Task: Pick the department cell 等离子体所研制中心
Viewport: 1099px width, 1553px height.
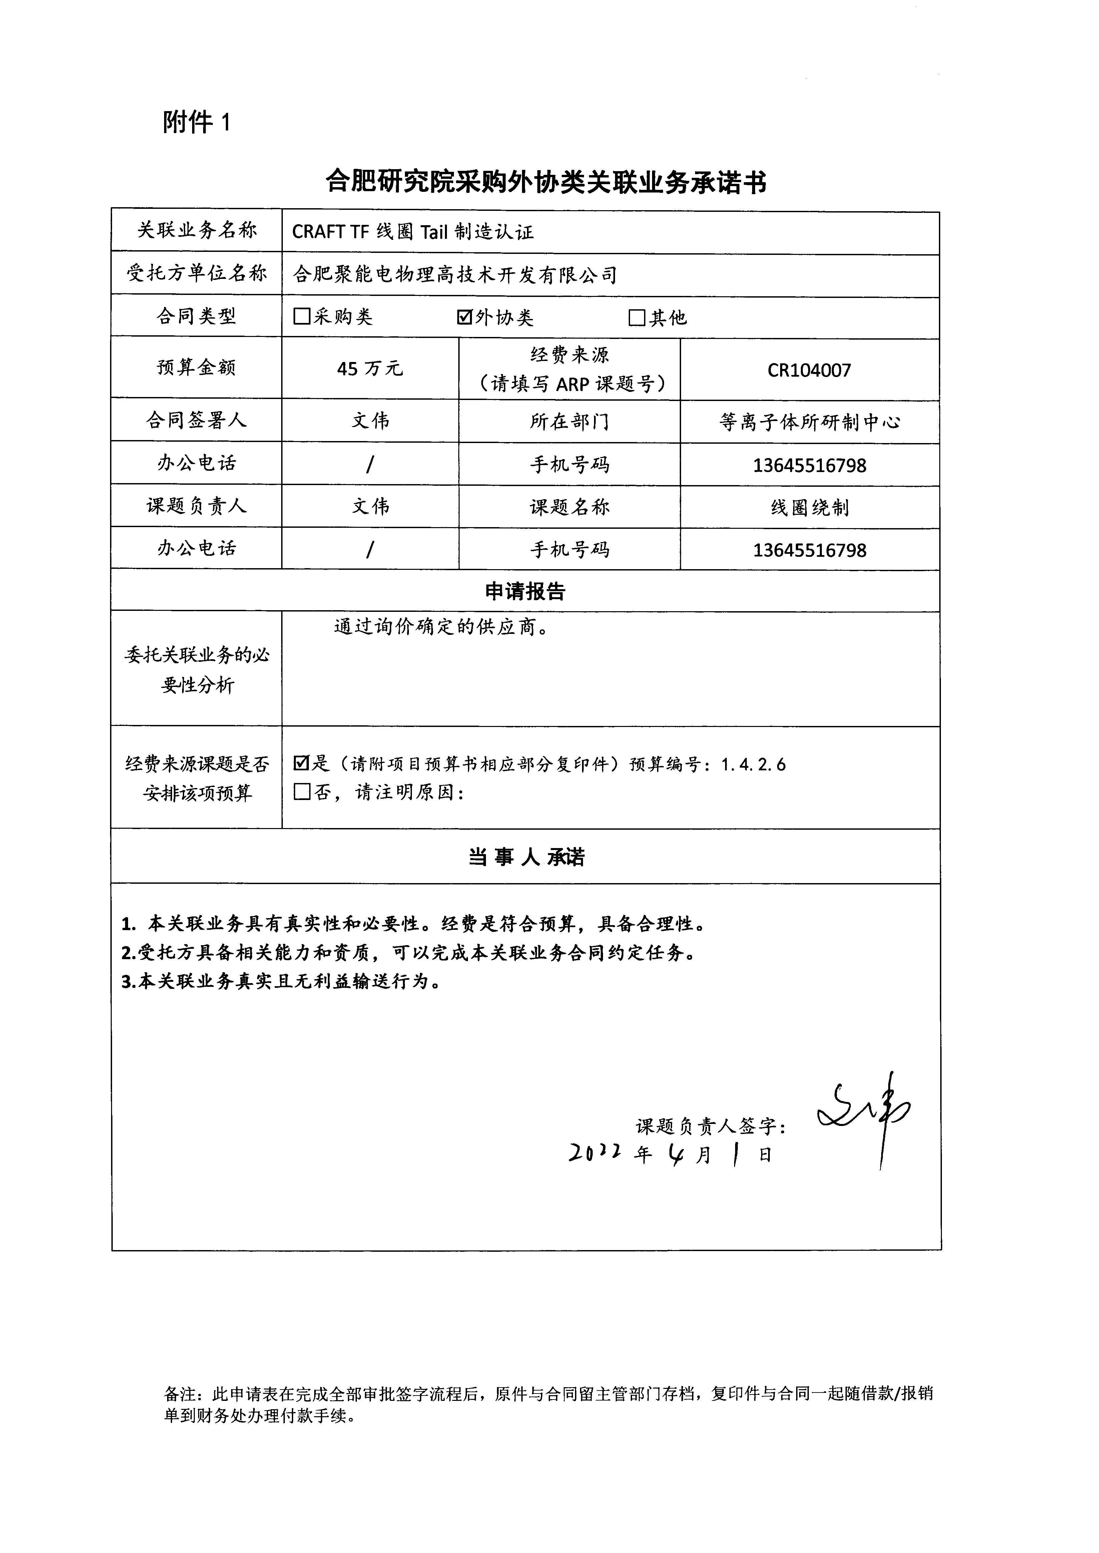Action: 809,422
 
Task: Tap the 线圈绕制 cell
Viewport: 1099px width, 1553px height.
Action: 809,507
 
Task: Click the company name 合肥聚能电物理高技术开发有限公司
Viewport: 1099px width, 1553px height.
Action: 455,275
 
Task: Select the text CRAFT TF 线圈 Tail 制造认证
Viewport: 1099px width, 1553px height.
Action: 413,232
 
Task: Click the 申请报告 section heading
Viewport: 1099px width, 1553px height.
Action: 525,592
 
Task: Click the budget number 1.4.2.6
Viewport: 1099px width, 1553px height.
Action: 753,765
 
